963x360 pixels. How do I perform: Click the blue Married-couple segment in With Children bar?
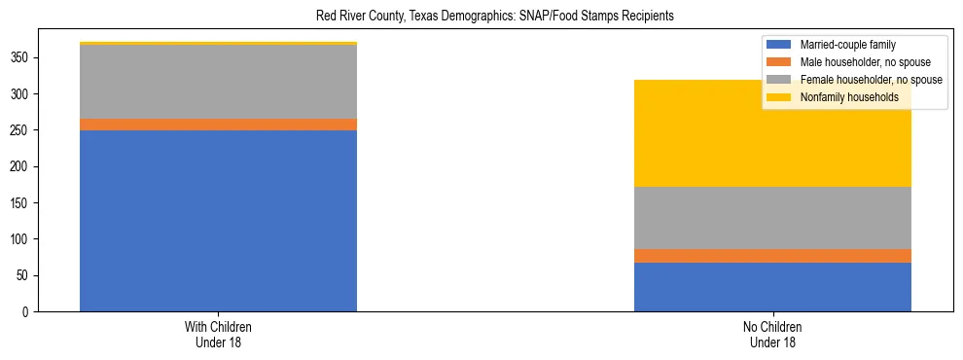(218, 220)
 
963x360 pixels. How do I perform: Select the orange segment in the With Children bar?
(218, 125)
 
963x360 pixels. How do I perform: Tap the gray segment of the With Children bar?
(218, 82)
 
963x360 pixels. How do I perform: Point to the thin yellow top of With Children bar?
(218, 44)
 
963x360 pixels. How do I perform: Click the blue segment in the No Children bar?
(772, 287)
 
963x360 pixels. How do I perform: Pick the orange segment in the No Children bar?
(772, 256)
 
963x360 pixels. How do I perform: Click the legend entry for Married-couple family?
(847, 45)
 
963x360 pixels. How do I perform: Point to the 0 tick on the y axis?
(27, 312)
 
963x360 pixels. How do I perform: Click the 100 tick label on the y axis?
(21, 239)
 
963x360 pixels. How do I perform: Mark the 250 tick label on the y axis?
(21, 130)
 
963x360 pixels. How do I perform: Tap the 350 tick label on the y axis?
(21, 58)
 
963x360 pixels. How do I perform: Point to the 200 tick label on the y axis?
(21, 166)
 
